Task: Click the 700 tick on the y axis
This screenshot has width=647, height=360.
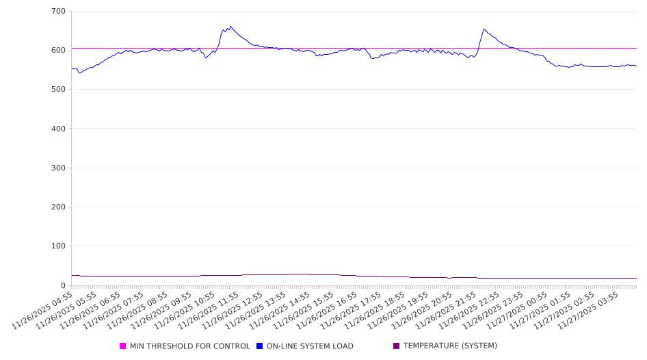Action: point(58,11)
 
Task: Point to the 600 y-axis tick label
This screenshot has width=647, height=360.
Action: point(58,50)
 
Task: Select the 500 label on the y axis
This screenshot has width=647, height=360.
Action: point(58,90)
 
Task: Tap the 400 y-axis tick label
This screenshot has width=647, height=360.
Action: point(58,129)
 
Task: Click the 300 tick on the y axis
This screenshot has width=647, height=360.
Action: point(58,168)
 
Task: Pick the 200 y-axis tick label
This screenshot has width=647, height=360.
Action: point(58,207)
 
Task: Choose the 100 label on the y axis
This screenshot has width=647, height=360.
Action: point(58,246)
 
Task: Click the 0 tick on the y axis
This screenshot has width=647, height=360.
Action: point(62,285)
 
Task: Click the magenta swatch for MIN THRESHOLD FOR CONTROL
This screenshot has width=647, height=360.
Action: point(123,346)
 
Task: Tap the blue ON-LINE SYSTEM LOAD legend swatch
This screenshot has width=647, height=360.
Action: point(259,346)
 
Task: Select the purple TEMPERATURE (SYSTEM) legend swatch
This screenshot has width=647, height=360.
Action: point(396,346)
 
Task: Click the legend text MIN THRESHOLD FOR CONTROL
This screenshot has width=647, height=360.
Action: point(189,346)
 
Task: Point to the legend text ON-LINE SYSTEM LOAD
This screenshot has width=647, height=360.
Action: point(310,346)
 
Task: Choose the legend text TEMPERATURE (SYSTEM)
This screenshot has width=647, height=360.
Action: point(450,346)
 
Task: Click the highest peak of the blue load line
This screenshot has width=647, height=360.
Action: point(231,27)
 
